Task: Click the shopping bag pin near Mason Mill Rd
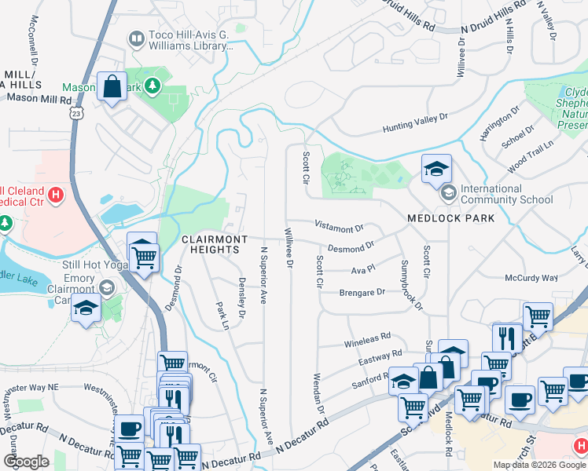click(112, 86)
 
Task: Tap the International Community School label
click(506, 194)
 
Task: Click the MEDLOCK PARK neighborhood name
click(450, 217)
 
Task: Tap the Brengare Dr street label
click(362, 292)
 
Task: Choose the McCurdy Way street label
click(531, 278)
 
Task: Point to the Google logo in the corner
click(26, 462)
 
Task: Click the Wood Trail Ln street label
click(531, 155)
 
